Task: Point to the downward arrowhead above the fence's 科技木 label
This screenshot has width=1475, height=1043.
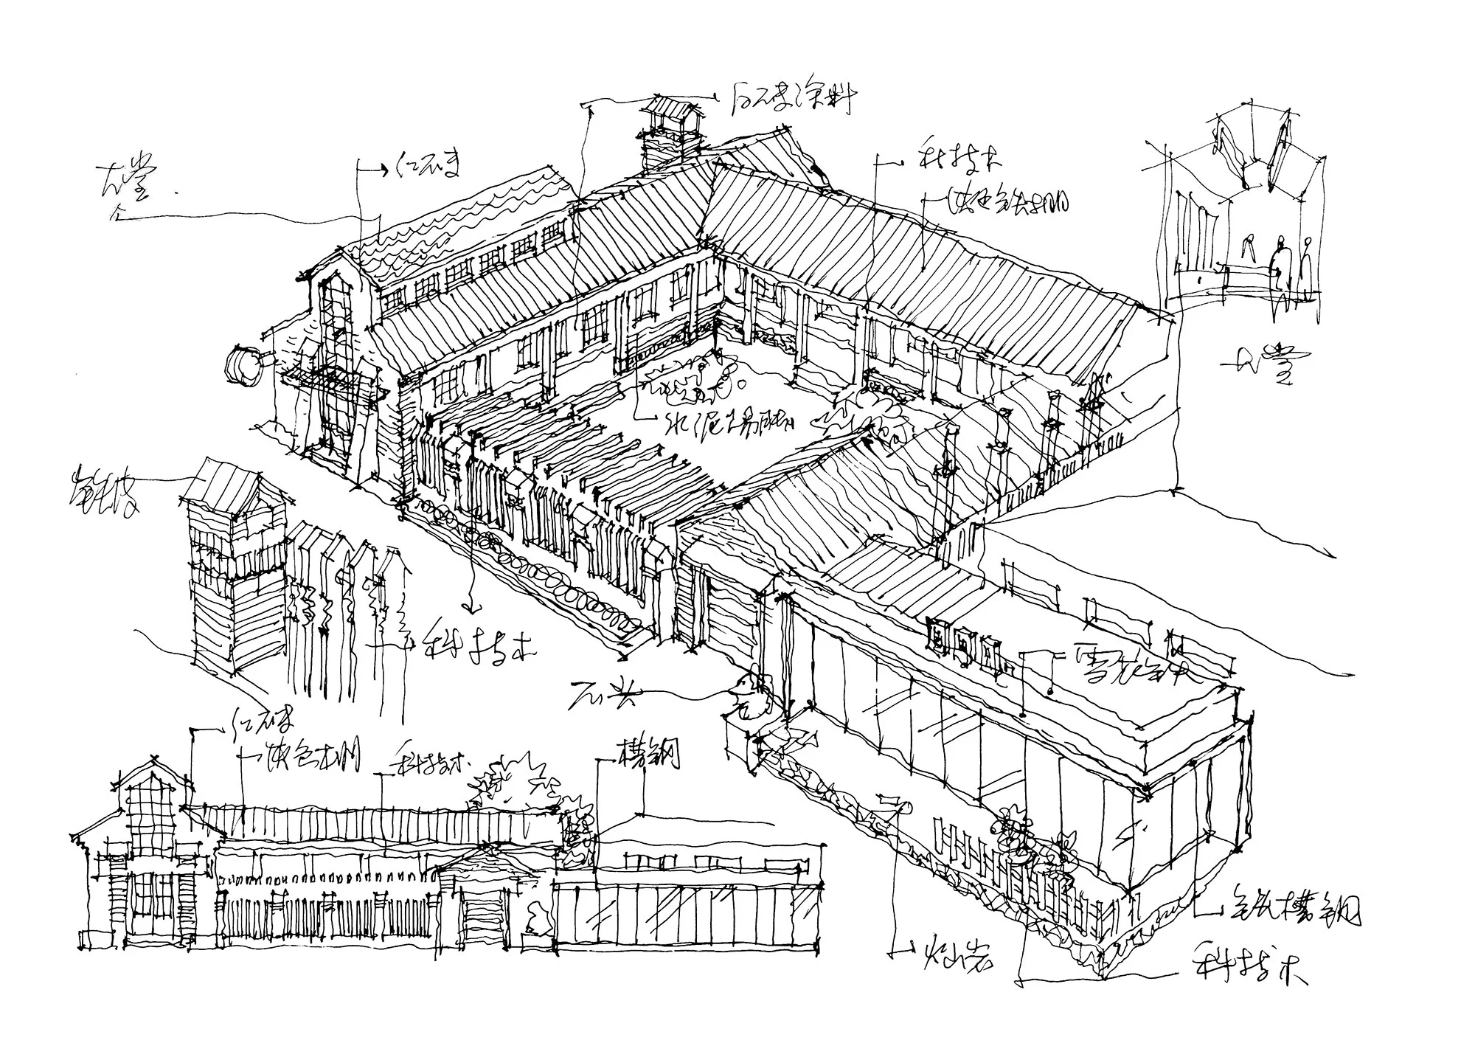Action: [x=473, y=606]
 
